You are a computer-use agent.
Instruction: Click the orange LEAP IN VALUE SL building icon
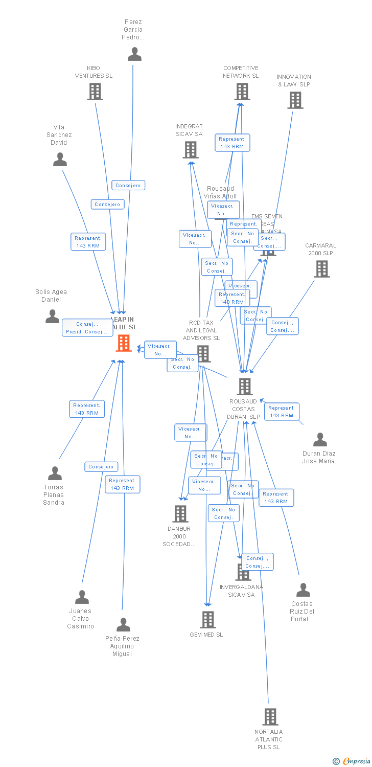(124, 343)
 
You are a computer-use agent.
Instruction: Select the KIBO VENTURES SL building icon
(95, 92)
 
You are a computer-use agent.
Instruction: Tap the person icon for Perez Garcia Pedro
(134, 54)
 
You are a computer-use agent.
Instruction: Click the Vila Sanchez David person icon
(60, 160)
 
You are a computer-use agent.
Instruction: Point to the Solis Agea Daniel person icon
(52, 317)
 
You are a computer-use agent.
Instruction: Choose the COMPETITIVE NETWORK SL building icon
(242, 92)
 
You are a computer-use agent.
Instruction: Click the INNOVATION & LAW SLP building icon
(295, 100)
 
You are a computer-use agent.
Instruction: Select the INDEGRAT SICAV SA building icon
(190, 150)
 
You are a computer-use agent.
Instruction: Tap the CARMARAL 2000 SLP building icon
(321, 269)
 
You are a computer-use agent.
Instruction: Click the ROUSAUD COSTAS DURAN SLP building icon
(245, 387)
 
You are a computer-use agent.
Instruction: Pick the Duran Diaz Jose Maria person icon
(320, 440)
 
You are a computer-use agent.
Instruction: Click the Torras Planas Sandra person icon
(55, 473)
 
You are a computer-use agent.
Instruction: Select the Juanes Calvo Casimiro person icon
(82, 597)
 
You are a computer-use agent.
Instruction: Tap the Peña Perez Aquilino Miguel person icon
(123, 625)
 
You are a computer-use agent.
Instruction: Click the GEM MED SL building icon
(207, 620)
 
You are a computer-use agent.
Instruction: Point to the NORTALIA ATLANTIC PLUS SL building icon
(270, 717)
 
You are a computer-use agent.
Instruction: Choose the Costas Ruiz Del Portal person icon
(303, 590)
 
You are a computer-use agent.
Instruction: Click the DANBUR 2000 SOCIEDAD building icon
(180, 514)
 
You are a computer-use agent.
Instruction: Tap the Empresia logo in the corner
(353, 761)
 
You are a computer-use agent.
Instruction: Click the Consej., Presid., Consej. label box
(87, 328)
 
